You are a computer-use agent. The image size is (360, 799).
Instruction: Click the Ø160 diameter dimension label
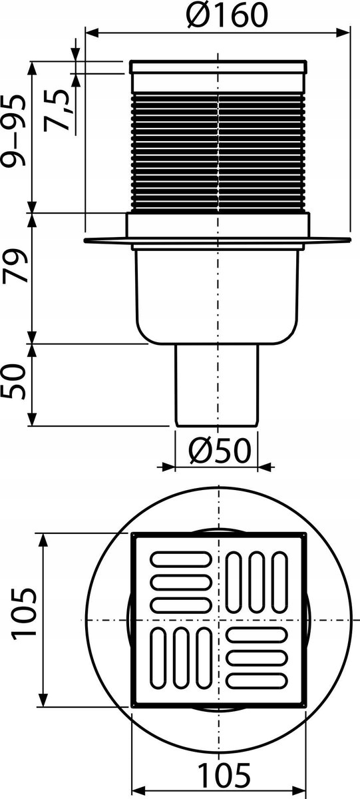219,14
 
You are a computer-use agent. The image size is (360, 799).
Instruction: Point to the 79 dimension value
16,267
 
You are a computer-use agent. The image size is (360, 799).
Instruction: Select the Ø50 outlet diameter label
219,452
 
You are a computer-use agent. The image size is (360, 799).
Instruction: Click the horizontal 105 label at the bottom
222,775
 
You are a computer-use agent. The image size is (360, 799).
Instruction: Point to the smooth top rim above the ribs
219,67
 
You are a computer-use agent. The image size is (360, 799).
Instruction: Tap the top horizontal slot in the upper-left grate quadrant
176,560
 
